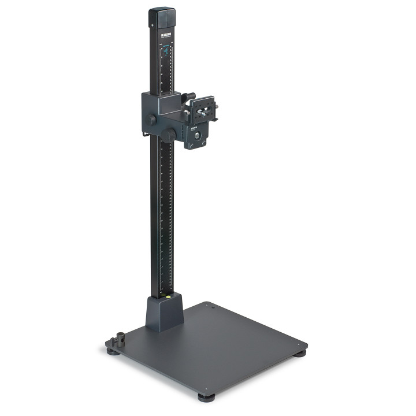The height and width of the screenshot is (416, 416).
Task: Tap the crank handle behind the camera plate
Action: click(189, 96)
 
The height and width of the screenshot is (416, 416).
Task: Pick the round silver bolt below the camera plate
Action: click(196, 136)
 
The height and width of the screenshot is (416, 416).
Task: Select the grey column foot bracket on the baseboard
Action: click(165, 312)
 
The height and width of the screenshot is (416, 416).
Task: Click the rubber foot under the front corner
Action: click(206, 397)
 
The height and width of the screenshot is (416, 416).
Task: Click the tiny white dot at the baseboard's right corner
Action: click(298, 346)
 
